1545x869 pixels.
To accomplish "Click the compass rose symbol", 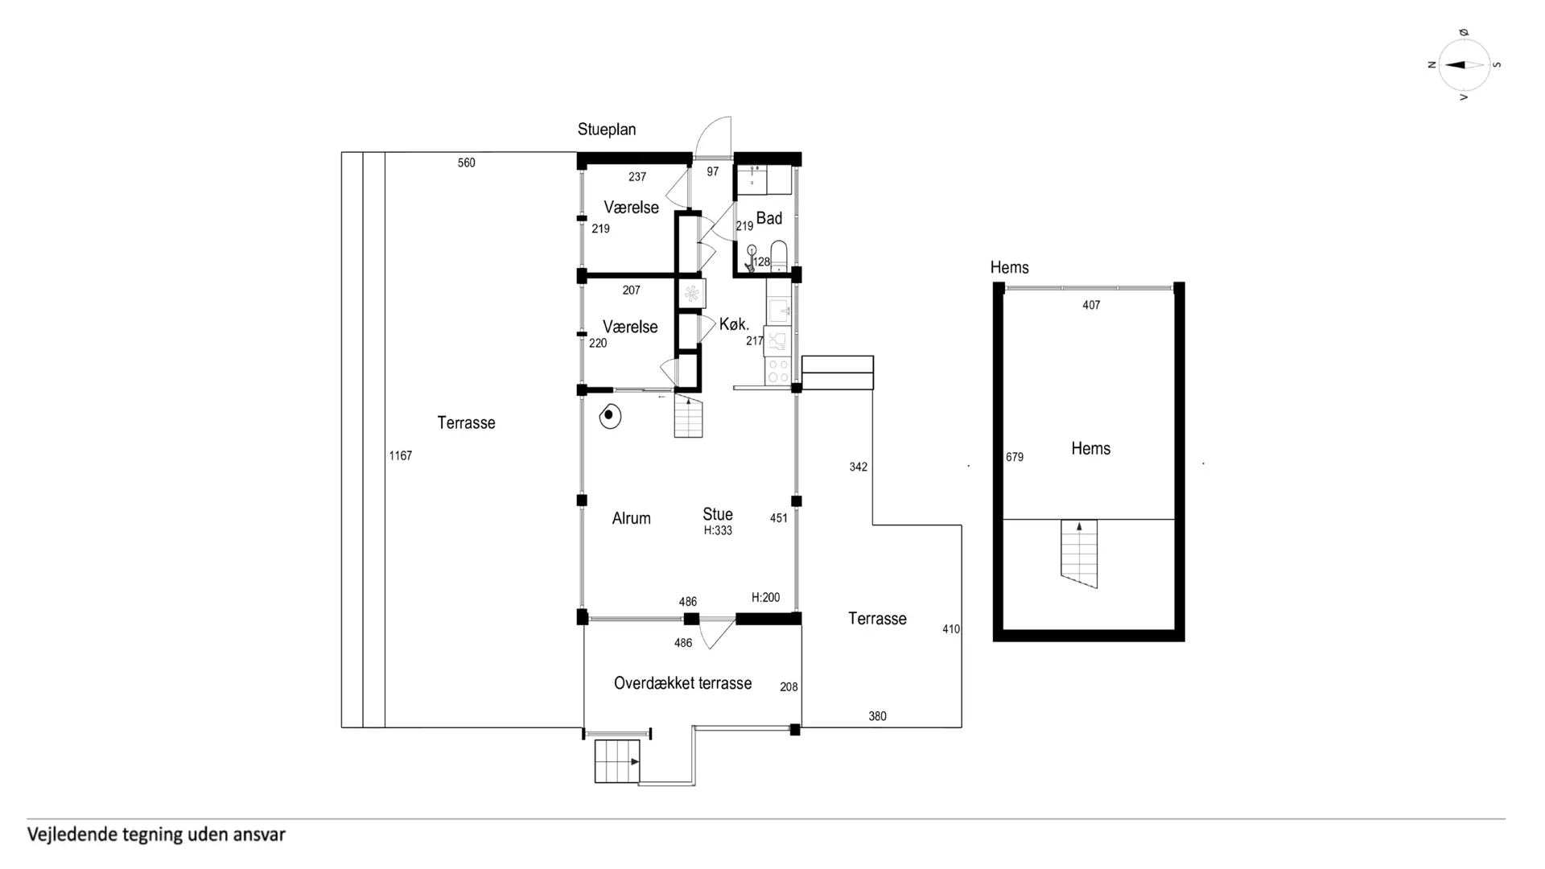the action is [1464, 65].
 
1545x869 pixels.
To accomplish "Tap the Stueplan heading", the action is [607, 130].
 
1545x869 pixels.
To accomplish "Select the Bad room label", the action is [769, 218].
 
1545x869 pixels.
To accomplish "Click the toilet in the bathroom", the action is [778, 255].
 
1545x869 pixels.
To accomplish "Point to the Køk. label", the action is [734, 324].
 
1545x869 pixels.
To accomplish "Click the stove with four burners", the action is [778, 371].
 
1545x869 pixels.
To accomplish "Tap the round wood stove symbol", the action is [610, 416].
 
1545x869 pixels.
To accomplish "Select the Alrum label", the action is [631, 518].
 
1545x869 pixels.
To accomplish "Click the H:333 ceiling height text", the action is [718, 531].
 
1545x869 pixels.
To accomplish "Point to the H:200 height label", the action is [766, 598].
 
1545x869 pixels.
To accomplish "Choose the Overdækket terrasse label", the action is [682, 683].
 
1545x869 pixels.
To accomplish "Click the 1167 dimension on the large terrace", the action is [401, 456].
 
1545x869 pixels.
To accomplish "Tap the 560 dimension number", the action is [467, 163].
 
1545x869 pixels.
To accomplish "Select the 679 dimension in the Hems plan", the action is [1015, 457].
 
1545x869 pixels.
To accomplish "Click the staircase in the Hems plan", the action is [1079, 554].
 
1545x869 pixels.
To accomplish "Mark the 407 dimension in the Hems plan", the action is [1091, 305].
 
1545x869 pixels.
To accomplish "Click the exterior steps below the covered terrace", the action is [617, 761].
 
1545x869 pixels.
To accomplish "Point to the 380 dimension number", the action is [877, 716].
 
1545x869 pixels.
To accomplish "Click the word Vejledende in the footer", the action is [72, 834].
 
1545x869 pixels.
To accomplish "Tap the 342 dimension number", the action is [859, 467].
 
